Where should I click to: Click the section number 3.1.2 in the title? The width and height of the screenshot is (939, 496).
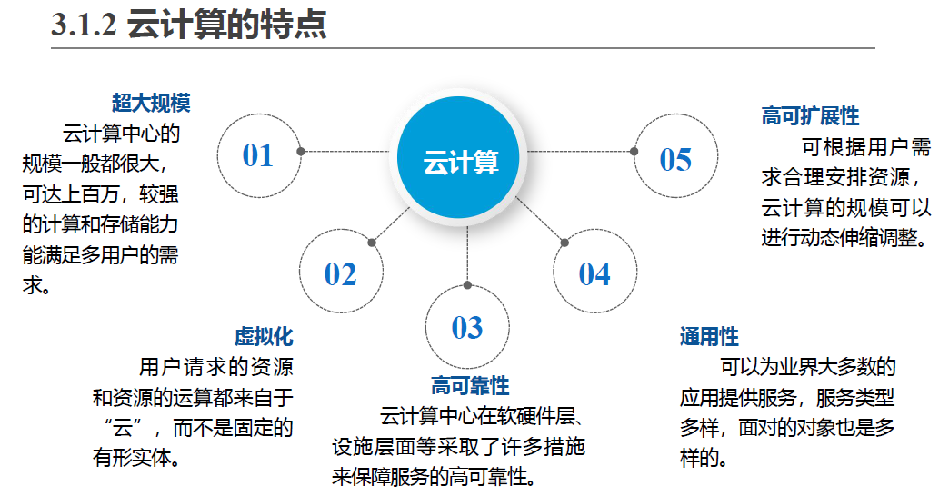coord(84,25)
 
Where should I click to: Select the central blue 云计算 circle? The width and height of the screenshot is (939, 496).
coord(461,162)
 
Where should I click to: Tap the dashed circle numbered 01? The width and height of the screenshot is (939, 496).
coord(258,155)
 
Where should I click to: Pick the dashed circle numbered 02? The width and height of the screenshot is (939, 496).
coord(340,273)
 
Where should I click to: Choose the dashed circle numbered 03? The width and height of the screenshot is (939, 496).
coord(466,327)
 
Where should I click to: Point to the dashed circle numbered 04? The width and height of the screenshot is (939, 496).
coord(595,273)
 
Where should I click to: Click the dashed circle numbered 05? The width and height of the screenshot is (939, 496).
coord(675,159)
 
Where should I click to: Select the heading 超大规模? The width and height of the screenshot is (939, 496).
coord(151,104)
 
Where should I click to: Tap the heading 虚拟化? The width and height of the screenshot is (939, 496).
coord(264,336)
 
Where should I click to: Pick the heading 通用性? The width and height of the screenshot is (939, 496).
coord(709,336)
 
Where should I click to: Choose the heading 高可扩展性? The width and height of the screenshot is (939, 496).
coord(810,116)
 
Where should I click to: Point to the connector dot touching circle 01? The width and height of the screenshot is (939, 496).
coord(301,152)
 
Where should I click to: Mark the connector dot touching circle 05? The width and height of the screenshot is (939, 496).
coord(633,152)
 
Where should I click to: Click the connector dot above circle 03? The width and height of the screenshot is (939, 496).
coord(467,284)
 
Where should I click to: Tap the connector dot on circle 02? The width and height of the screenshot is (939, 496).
coord(372,242)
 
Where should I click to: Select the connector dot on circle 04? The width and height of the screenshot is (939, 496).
coord(564,243)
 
